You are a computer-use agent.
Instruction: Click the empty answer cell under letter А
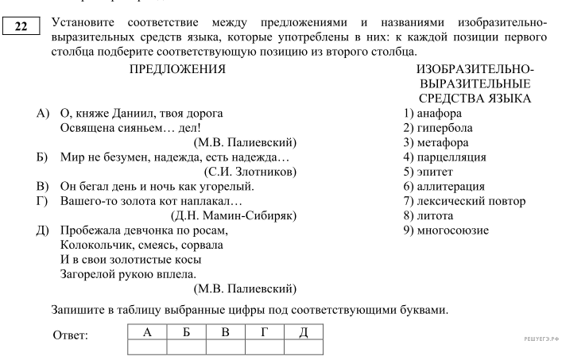(x=146, y=346)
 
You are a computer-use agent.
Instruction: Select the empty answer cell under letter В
(x=225, y=346)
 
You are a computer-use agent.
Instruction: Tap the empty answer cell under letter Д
(x=303, y=346)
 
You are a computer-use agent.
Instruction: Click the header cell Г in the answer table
(x=264, y=331)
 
